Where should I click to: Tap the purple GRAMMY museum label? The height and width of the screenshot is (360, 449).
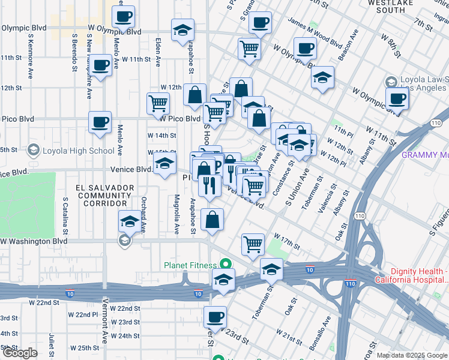click(425, 155)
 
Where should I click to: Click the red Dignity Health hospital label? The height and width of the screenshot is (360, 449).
click(412, 275)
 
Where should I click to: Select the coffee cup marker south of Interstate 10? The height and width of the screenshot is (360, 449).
click(215, 317)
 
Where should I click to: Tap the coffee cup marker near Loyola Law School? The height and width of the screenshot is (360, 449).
click(396, 99)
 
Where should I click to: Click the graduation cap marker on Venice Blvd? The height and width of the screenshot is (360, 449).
click(164, 163)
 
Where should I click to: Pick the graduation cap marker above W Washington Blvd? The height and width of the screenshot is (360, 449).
click(130, 222)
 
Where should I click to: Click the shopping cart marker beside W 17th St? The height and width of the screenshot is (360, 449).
click(253, 244)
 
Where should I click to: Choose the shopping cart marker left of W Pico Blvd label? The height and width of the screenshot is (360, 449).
click(158, 103)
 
